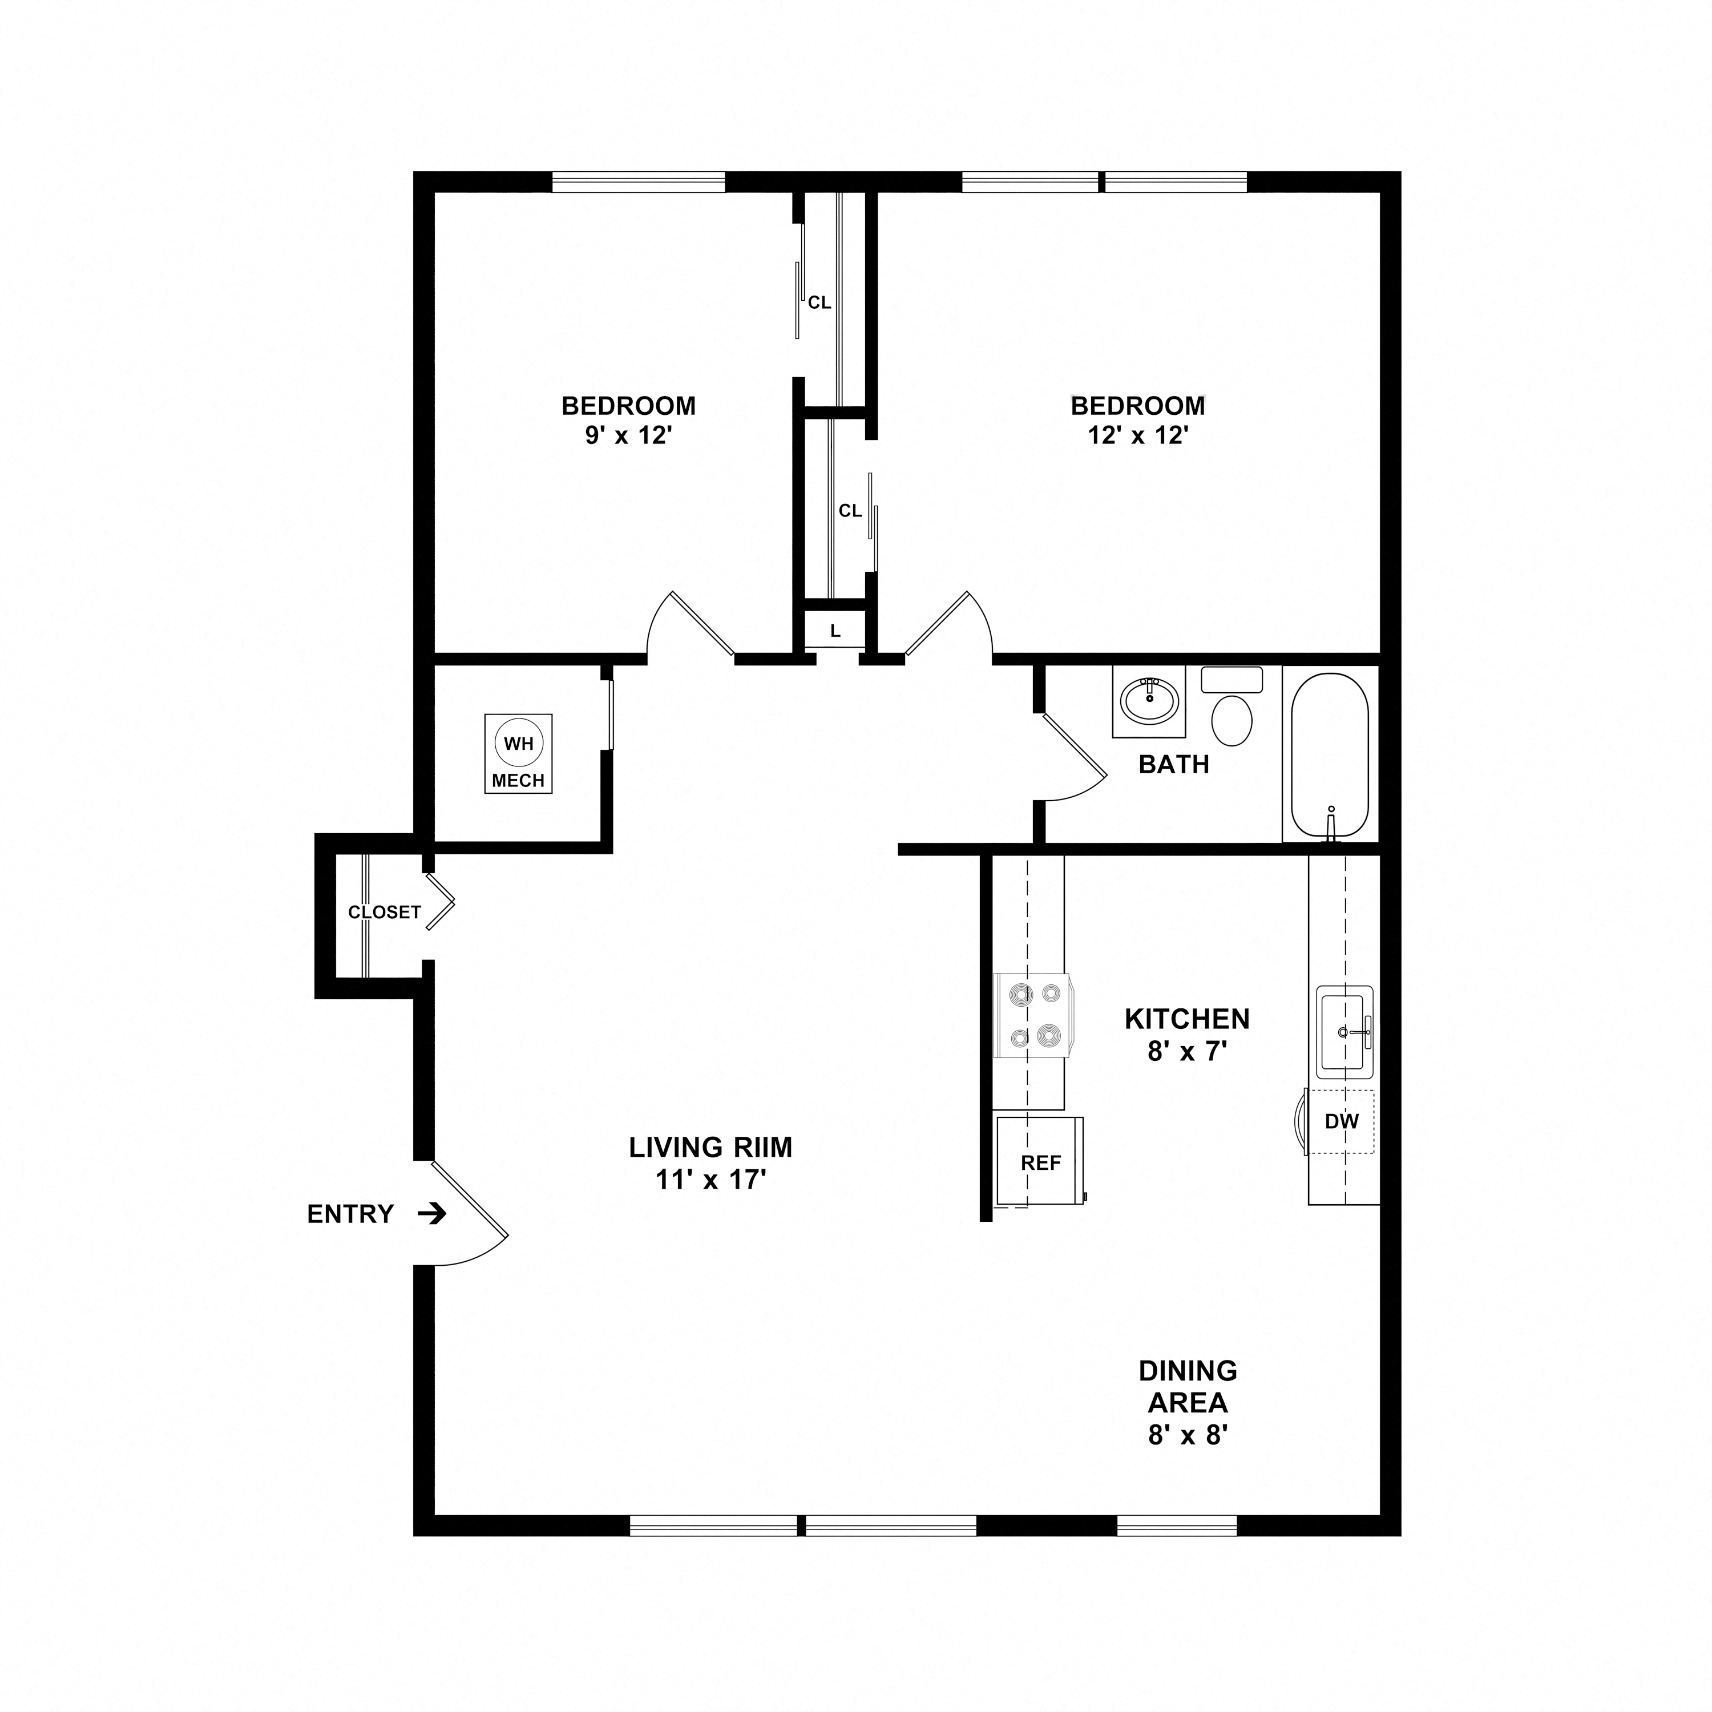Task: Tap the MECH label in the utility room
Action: coord(518,781)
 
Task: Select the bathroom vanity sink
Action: coord(1149,701)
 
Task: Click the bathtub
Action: coord(1329,754)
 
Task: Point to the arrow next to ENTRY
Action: coord(433,1213)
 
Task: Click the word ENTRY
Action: coord(350,1214)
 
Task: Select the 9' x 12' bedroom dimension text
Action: coord(628,436)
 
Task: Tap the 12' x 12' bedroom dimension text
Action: coord(1138,436)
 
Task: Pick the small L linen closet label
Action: coord(835,632)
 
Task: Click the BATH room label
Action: coord(1173,764)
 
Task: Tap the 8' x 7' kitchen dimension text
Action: coord(1186,1052)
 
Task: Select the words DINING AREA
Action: coord(1188,1386)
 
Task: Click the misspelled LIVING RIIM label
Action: coord(710,1148)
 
